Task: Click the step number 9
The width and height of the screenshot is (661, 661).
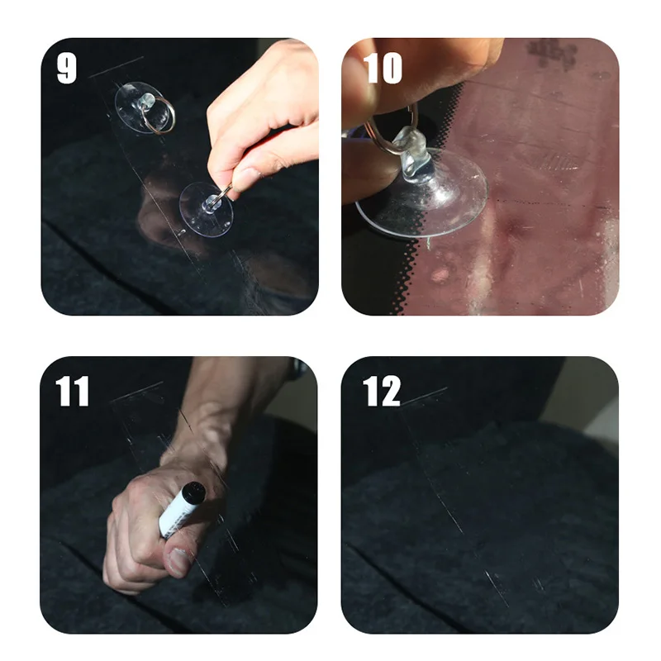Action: (x=67, y=69)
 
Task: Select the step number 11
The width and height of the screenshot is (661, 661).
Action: (x=73, y=391)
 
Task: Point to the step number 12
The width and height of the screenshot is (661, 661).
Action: (x=382, y=391)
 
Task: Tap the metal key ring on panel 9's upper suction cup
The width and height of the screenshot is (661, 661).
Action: (x=162, y=118)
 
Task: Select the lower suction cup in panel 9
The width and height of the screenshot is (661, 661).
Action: (x=206, y=207)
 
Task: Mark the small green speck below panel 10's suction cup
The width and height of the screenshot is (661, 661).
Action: (x=431, y=245)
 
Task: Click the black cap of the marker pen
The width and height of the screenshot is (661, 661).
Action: (x=192, y=492)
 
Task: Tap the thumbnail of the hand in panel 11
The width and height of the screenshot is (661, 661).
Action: (x=177, y=562)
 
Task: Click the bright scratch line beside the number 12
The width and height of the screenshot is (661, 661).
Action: (x=426, y=394)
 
